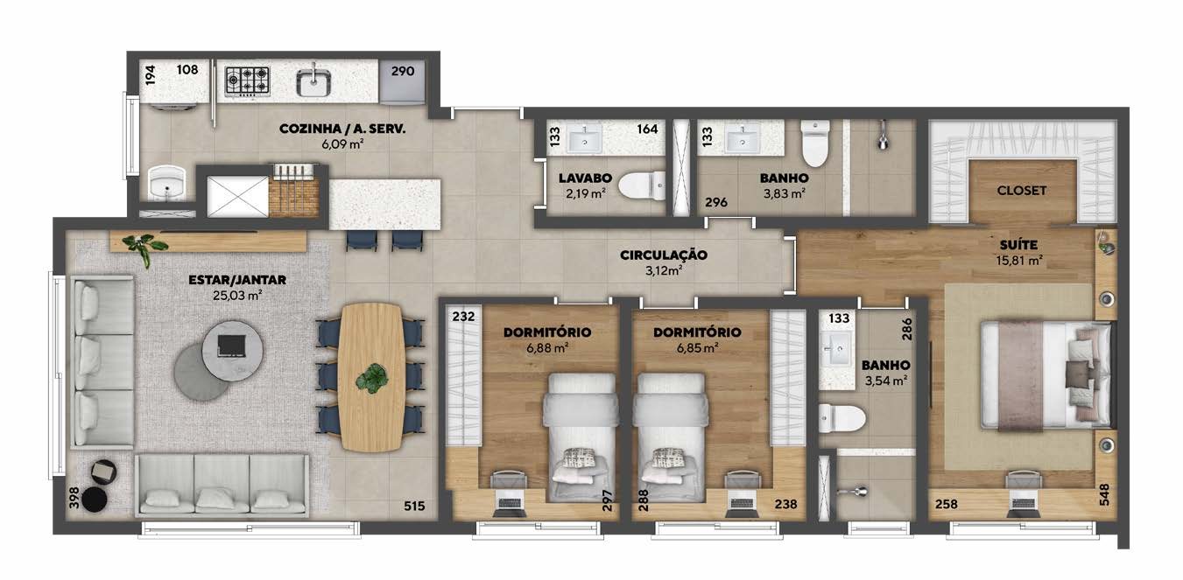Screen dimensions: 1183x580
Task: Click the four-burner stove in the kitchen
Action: pos(247,81)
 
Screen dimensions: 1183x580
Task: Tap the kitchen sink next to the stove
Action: pos(313,82)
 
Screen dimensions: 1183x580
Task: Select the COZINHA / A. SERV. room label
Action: pos(342,129)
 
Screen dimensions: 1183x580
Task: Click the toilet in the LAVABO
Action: pos(642,185)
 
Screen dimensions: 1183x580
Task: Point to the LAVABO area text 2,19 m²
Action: pos(586,193)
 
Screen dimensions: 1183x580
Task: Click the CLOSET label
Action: pos(1021,191)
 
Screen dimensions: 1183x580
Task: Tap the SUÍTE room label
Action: pos(1018,245)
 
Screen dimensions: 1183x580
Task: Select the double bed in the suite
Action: pos(1046,376)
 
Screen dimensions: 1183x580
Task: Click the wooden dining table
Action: pos(372,377)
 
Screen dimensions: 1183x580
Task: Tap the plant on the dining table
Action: pos(372,377)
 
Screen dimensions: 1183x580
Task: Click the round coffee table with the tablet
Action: pos(232,347)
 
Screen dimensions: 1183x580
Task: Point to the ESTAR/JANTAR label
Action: pos(237,280)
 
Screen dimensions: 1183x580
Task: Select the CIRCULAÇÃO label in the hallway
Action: pos(664,255)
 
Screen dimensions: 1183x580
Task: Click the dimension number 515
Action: pos(414,507)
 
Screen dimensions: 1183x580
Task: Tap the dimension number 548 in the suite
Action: pos(1104,494)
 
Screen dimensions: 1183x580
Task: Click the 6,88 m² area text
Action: pos(547,348)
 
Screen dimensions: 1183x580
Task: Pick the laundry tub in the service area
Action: pos(165,183)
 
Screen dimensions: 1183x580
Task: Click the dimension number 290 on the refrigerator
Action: pos(403,71)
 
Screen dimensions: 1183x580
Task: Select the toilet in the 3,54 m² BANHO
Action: pos(841,419)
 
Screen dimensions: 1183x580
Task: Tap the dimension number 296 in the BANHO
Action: pos(716,202)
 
